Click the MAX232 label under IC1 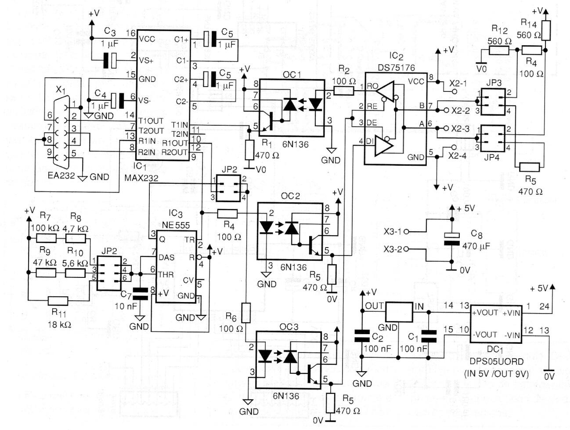coord(141,178)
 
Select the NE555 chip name coord(176,225)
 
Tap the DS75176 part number coord(396,67)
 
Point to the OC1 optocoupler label coord(292,75)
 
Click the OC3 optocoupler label coord(289,327)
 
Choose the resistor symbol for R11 coord(58,301)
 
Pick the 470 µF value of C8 coord(476,246)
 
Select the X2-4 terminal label coord(458,155)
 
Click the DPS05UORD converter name coord(497,361)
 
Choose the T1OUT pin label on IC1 coord(151,121)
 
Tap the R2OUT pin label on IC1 coord(174,152)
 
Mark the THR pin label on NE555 coord(166,274)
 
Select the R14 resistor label coord(528,23)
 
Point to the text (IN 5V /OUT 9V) coord(496,374)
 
